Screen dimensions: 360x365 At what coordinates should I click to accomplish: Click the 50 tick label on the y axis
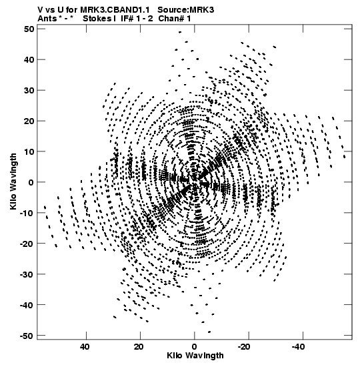(29, 29)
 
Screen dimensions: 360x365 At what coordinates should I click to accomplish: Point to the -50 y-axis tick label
(26, 336)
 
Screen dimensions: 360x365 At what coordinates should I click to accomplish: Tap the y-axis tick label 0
(31, 182)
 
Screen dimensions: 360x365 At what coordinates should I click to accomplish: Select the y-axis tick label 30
(29, 90)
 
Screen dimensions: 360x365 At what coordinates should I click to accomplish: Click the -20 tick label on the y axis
(26, 244)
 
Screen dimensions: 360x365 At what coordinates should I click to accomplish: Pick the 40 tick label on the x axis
(85, 347)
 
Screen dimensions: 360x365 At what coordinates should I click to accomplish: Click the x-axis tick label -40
(298, 347)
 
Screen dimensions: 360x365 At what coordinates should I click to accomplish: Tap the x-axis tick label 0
(195, 347)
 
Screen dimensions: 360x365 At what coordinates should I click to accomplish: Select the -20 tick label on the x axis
(244, 347)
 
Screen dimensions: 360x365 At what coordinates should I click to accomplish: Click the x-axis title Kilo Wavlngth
(195, 356)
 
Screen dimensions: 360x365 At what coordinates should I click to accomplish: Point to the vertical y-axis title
(13, 181)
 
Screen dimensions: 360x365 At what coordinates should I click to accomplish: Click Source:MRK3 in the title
(185, 10)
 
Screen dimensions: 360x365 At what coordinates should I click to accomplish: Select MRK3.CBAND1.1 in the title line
(115, 10)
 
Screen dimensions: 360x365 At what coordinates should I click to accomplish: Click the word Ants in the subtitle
(47, 19)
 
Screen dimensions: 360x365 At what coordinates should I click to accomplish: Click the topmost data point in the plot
(180, 32)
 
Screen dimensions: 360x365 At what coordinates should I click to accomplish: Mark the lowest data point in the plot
(209, 332)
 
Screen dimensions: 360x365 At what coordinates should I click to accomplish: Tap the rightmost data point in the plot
(344, 157)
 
